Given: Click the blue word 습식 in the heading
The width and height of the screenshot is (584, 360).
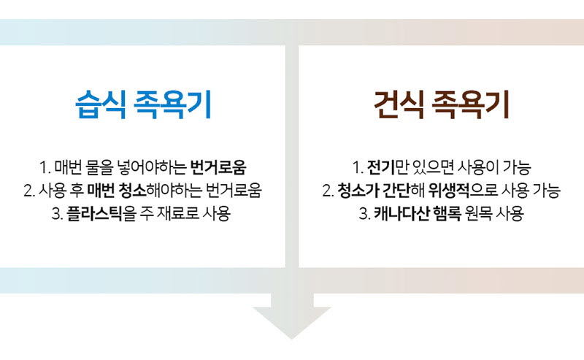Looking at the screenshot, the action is pos(100,104).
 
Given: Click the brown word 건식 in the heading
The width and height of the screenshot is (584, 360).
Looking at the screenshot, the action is pos(399,104).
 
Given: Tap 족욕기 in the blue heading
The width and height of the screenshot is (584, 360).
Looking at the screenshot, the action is pos(172,104).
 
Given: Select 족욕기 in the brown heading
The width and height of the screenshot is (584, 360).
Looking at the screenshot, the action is pos(470,104).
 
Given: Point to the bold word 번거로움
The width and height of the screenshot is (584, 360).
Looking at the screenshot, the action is pos(218,167).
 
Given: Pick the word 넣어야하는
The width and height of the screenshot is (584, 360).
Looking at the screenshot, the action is pos(152,167).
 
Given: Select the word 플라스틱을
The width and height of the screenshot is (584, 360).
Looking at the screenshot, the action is pos(101,213).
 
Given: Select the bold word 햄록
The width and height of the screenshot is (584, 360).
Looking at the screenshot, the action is pos(447,213).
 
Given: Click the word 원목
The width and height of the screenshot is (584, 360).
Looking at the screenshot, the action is pos(479,213).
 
